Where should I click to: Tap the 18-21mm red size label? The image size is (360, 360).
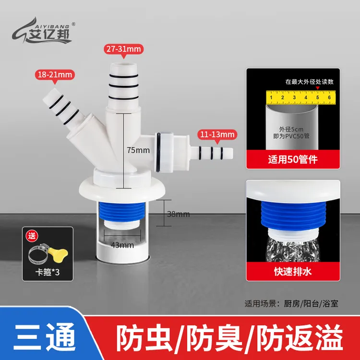coord(54,74)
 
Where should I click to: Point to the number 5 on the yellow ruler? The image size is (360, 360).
coord(317,97)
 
